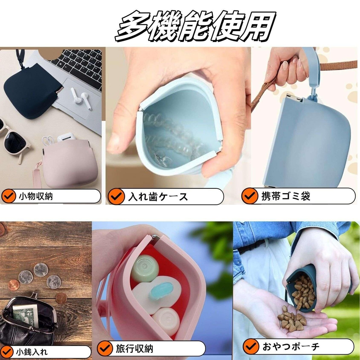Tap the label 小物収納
[36, 196]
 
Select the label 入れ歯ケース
[158, 197]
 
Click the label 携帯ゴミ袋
[286, 196]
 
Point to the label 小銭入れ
[32, 352]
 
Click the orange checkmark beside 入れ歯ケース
[116, 196]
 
